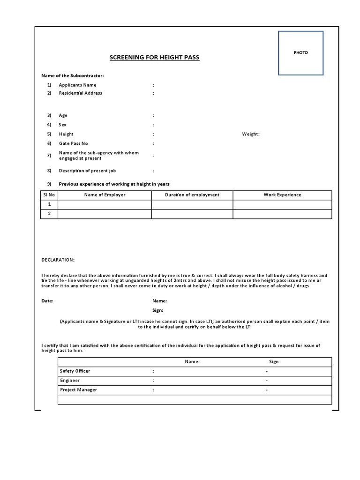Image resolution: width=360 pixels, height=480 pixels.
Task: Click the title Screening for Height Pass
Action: click(x=154, y=58)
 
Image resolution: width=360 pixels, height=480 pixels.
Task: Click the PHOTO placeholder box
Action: click(x=300, y=53)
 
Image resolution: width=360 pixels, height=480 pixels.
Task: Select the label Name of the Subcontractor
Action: click(x=73, y=75)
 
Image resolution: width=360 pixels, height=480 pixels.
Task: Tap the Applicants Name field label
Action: click(x=77, y=85)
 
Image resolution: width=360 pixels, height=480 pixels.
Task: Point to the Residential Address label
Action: click(x=80, y=93)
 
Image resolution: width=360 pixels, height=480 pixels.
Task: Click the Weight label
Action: click(x=250, y=134)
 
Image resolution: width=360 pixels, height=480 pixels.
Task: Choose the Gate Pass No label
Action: click(x=73, y=143)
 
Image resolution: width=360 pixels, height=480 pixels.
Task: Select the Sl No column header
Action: click(x=49, y=195)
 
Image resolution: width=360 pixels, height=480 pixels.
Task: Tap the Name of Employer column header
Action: click(x=105, y=195)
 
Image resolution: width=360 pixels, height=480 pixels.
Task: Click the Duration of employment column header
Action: click(x=192, y=195)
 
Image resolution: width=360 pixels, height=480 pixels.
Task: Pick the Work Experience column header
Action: click(x=282, y=195)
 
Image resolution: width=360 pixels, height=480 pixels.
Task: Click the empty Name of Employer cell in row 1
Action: click(x=105, y=204)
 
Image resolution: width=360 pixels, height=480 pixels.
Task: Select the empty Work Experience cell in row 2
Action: click(x=282, y=214)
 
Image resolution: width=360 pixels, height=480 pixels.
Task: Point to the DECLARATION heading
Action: click(x=58, y=260)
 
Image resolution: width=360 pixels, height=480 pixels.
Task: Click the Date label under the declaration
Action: click(x=47, y=301)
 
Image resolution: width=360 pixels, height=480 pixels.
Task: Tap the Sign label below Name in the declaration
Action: click(x=158, y=310)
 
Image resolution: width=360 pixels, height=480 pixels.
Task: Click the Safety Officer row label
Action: click(x=75, y=371)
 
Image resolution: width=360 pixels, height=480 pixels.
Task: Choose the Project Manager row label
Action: click(x=78, y=390)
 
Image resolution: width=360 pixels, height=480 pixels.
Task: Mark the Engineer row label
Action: click(x=70, y=381)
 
